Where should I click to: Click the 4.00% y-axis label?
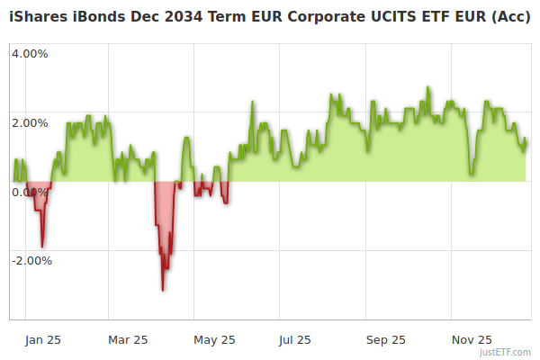[30, 53]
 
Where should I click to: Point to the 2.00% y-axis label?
[30, 122]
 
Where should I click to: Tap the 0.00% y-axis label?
[30, 192]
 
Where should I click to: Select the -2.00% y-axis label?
[31, 261]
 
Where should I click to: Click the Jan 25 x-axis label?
[42, 339]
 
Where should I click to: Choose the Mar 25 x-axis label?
[128, 339]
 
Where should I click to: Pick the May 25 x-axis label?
[214, 339]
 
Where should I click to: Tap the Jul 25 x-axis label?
[295, 339]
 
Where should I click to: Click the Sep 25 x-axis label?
[386, 339]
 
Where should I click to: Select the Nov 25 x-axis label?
[472, 339]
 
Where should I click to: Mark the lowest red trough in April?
[163, 290]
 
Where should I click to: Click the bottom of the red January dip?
[41, 246]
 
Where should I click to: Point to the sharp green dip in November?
[472, 174]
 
